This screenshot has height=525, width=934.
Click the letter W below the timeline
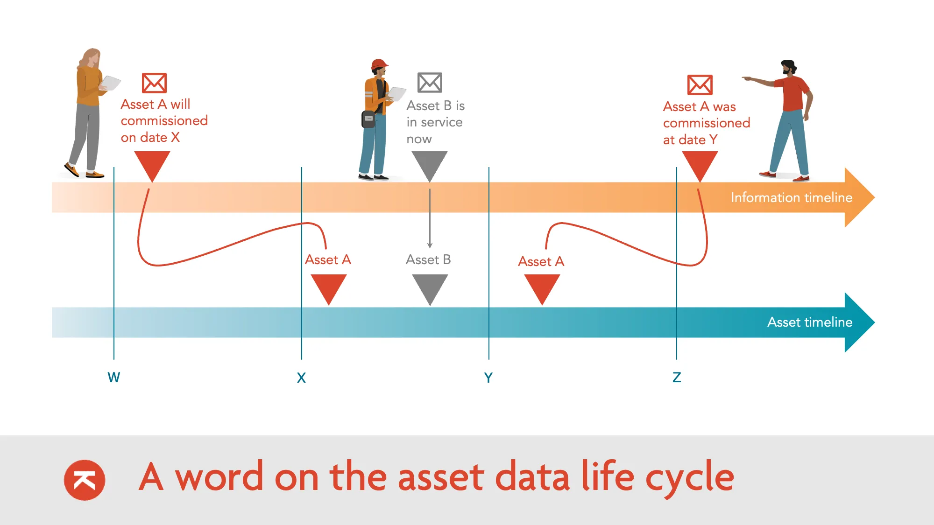(x=113, y=377)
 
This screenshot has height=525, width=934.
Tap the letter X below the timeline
(x=301, y=378)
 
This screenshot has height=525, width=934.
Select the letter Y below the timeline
(x=488, y=378)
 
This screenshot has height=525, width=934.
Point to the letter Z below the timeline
(x=677, y=377)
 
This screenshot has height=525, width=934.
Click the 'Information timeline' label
(x=791, y=197)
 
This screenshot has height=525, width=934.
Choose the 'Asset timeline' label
(x=809, y=322)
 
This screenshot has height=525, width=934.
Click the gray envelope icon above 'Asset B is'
(x=430, y=83)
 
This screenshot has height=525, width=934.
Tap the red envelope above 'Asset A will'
(x=154, y=83)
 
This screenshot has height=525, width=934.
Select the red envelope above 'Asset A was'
(x=700, y=85)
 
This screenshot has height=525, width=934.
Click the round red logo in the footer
(x=85, y=480)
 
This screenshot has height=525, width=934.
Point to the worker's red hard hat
(x=379, y=64)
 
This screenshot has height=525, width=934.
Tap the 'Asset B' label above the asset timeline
(x=428, y=259)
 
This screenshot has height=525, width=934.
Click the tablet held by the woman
(x=111, y=83)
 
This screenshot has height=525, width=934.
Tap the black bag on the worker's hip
(x=368, y=119)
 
